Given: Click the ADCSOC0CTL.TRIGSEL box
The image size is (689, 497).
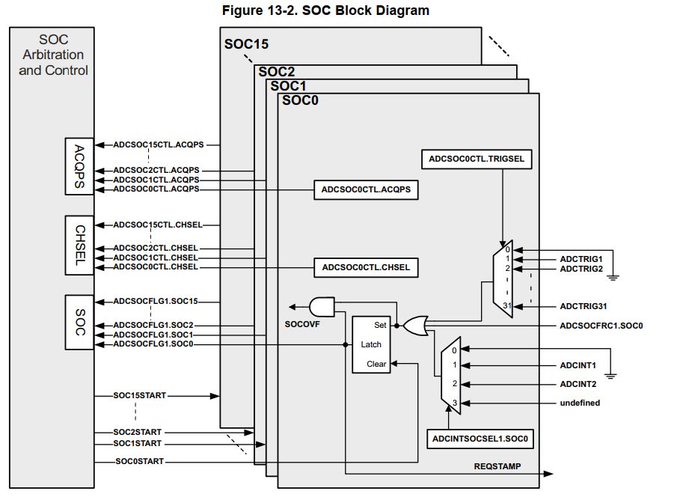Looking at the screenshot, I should point(477,159).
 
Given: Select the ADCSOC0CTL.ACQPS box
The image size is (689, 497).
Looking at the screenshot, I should point(366,190).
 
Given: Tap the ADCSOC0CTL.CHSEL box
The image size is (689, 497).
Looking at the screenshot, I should point(366,267).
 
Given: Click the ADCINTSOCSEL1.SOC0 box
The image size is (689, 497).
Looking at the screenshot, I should point(481,439).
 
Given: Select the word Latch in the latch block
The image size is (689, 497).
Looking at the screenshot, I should point(371,344).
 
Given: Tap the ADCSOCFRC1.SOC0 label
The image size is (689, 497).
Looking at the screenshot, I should point(601,326).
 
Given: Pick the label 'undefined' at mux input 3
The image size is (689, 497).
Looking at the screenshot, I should point(580,403).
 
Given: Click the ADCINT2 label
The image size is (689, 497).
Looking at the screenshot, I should point(578,384).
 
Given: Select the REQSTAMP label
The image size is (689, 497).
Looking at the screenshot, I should point(497,466).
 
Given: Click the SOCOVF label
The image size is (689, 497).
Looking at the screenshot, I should point(303,326).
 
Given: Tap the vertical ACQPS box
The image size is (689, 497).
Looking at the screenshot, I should point(79,166).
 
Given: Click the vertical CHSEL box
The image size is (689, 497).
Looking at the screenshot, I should point(79,246).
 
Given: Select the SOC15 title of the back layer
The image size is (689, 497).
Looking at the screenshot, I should point(246,44).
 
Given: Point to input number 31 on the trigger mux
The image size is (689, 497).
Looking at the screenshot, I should point(506,305).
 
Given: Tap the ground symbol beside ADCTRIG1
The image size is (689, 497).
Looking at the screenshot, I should point(613,276).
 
